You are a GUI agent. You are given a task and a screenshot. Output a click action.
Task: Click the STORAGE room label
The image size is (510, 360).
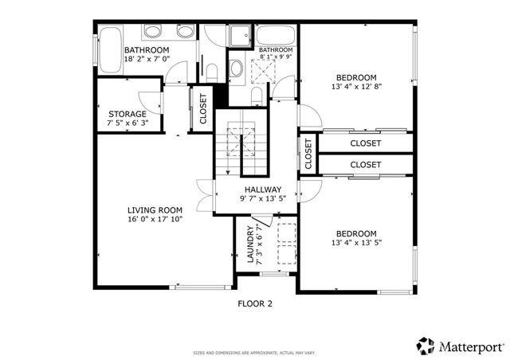tap(127, 114)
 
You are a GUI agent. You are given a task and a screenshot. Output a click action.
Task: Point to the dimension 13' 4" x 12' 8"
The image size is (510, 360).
tap(357, 88)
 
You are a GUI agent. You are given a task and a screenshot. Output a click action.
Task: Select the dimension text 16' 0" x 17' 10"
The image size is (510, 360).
tap(155, 219)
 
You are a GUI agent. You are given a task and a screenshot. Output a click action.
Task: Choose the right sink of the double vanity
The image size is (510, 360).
tap(183, 32)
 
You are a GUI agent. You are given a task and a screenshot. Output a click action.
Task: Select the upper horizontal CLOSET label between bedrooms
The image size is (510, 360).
tap(365, 143)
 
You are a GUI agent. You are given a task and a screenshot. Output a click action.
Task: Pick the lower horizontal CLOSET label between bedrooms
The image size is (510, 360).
tap(365, 164)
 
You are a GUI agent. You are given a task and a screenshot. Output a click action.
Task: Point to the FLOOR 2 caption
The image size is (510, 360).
tap(255, 303)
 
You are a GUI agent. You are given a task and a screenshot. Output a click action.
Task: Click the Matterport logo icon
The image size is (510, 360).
tap(425, 346)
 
